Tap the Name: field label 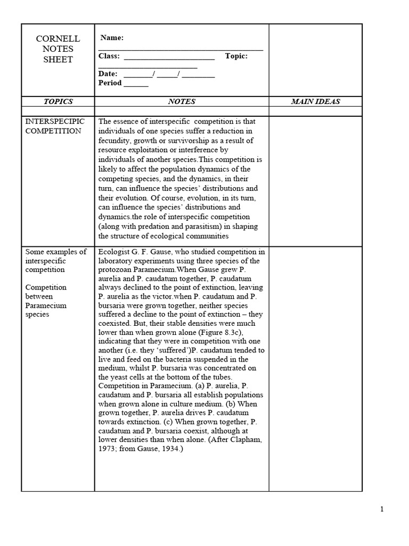click(112, 38)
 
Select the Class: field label click(109, 56)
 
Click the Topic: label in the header click(236, 56)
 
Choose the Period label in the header click(110, 83)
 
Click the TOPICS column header click(58, 101)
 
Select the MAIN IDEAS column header click(315, 101)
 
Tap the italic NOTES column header click(182, 101)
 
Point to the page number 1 click(382, 509)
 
